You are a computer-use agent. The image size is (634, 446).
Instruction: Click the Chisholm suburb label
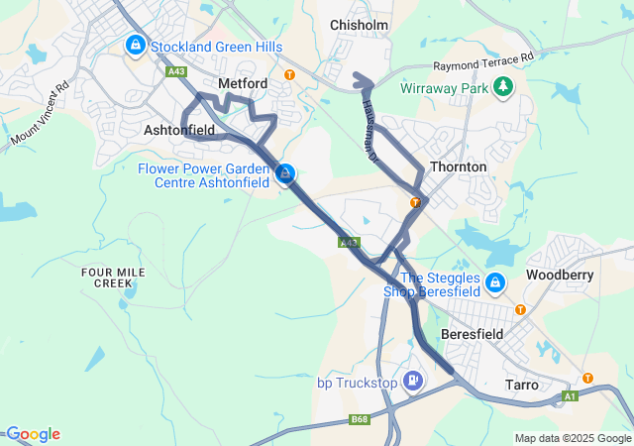359,24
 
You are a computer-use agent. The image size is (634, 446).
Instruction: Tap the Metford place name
243,84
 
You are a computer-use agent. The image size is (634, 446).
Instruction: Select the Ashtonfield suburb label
179,130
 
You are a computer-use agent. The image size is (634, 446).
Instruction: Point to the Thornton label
458,167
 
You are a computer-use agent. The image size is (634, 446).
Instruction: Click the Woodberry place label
560,274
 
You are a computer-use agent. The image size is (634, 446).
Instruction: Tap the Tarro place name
522,384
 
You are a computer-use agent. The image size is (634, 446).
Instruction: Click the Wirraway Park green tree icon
503,87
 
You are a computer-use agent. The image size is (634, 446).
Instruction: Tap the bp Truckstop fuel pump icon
413,381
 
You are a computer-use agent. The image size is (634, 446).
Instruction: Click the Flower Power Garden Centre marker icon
285,174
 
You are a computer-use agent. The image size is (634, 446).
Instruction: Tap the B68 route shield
360,421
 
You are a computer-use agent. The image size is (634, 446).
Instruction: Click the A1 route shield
570,396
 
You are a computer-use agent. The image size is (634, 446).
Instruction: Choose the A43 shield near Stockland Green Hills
177,71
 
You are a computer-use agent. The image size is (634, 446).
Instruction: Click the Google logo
32,434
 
